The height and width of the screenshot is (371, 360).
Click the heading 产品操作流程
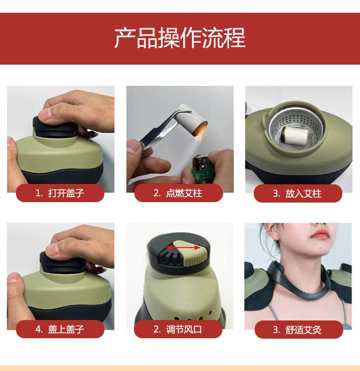pyautogui.click(x=180, y=38)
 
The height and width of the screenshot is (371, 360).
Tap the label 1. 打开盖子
pyautogui.click(x=60, y=193)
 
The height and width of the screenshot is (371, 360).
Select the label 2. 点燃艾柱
pyautogui.click(x=178, y=193)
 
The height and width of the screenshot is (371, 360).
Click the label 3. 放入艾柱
pyautogui.click(x=297, y=193)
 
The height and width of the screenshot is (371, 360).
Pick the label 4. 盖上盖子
pyautogui.click(x=60, y=329)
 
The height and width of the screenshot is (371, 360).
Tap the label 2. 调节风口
pyautogui.click(x=178, y=329)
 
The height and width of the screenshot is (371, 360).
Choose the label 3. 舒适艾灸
pyautogui.click(x=297, y=330)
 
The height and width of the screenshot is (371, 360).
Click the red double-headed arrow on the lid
pyautogui.click(x=184, y=248)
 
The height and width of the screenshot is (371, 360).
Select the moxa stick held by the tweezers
pyautogui.click(x=193, y=119)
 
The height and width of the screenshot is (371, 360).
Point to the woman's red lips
pyautogui.click(x=320, y=234)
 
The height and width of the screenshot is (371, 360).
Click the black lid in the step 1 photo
pyautogui.click(x=56, y=128)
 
